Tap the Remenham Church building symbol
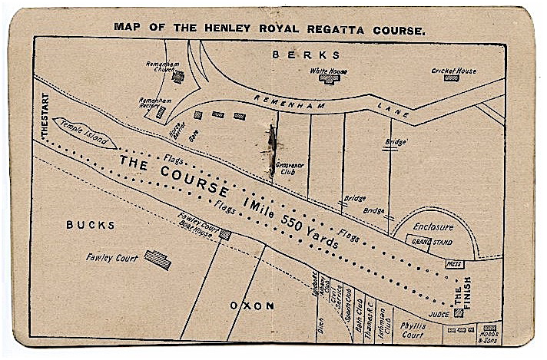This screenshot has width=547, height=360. point(178,76)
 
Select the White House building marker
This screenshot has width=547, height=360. point(329,79)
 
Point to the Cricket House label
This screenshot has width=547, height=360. point(453,71)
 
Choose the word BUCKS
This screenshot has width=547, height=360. point(90,225)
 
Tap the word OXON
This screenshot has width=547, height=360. point(252,306)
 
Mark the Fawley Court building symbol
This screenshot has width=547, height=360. point(157,259)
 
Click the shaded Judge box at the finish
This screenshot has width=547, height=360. point(459,312)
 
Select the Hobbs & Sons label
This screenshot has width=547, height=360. point(489,336)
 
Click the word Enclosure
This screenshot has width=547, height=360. point(433,227)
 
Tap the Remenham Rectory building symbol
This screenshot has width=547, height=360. point(161,112)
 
